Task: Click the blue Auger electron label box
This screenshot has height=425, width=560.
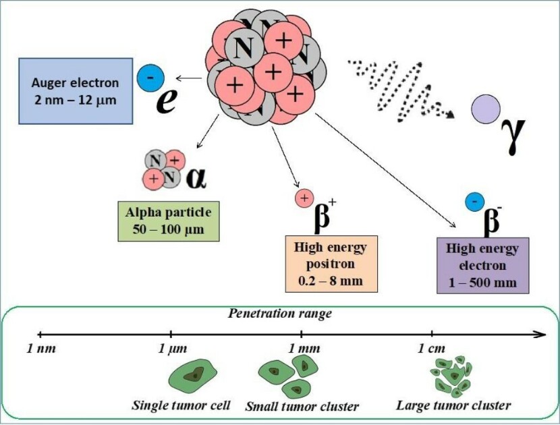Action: (x=76, y=91)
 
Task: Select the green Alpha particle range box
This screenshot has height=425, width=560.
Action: (x=168, y=221)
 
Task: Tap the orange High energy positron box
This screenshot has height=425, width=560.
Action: (x=331, y=264)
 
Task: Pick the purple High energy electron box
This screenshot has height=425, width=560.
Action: (x=482, y=265)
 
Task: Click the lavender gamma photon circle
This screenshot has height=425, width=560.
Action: (x=486, y=109)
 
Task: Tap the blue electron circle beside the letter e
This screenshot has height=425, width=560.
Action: (x=150, y=77)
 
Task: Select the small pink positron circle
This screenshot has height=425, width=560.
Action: (x=304, y=198)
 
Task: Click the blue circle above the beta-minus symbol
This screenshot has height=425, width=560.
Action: (x=474, y=202)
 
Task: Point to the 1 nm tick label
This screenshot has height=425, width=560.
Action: (x=41, y=348)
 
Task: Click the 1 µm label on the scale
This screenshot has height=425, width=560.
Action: (x=173, y=348)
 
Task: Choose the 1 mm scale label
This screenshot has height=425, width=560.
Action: (x=304, y=348)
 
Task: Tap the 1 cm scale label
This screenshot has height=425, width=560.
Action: (x=431, y=348)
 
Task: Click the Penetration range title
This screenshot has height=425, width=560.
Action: (x=280, y=314)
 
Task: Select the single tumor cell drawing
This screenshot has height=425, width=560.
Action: (x=192, y=374)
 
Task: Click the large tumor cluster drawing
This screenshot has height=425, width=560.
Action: (x=451, y=376)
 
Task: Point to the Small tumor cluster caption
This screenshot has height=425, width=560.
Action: (x=302, y=406)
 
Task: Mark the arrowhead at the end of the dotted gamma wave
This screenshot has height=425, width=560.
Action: (x=451, y=114)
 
